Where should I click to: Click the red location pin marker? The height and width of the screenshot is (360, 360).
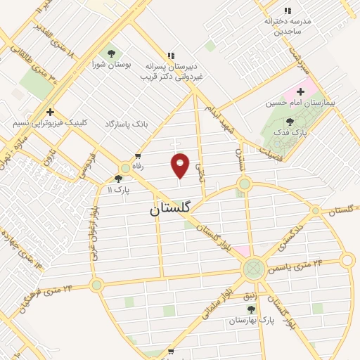pos(181,165)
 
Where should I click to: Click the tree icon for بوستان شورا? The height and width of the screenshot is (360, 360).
pos(110,53)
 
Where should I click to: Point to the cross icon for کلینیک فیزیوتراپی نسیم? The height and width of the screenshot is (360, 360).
pos(50,112)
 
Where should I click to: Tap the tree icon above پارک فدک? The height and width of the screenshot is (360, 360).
pos(290,122)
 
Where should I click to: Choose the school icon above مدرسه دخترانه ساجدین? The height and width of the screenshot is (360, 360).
pos(287,11)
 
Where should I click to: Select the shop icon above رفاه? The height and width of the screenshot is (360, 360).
pos(138,156)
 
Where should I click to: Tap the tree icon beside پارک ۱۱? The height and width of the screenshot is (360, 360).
pos(118,179)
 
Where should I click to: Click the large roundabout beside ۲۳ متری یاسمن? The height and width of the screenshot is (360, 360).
pos(254,268)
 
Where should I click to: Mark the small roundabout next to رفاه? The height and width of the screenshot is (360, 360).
pos(126,167)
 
